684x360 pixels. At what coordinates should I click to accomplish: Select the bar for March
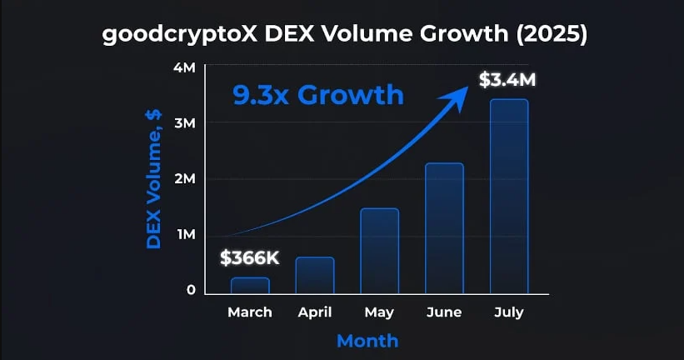click(250, 286)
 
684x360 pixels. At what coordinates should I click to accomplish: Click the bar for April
click(315, 275)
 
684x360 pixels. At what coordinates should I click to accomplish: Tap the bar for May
click(379, 251)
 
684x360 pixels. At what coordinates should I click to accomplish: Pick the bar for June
click(444, 228)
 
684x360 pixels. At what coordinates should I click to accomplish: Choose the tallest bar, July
click(509, 197)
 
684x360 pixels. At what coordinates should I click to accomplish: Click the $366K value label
click(250, 258)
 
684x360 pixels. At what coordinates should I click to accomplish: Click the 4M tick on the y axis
click(185, 67)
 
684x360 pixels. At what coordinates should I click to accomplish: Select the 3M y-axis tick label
click(185, 123)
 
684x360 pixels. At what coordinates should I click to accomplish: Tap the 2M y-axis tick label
click(185, 179)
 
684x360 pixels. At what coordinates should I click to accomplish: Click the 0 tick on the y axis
click(191, 290)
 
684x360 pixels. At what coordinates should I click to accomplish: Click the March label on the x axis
click(250, 312)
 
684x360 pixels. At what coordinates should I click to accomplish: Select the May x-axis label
click(379, 312)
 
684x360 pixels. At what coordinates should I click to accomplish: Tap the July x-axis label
click(509, 312)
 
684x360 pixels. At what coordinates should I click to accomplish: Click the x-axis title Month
click(367, 340)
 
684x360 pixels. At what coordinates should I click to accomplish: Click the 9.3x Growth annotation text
click(317, 94)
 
